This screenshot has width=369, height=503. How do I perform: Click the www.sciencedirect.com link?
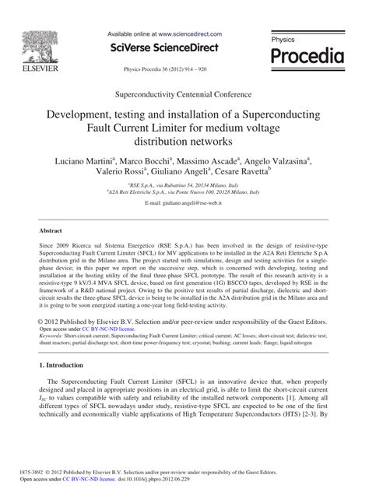[189, 34]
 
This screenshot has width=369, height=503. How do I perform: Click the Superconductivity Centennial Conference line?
[184, 92]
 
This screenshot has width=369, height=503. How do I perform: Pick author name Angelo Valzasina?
[284, 161]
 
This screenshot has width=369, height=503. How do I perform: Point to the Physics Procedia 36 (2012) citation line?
[184, 69]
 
